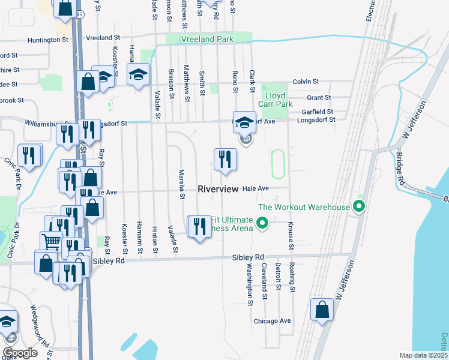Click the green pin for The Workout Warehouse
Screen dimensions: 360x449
point(359,207)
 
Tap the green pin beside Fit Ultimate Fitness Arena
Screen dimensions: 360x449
point(262,224)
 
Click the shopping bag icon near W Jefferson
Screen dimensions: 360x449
point(322,310)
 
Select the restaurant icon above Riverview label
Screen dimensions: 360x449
point(225,160)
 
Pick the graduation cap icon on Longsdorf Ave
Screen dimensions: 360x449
point(244,122)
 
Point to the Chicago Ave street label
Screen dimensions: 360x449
point(272,321)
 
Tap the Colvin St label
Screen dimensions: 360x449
point(305,82)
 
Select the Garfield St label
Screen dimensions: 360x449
point(318,112)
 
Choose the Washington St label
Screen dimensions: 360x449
point(249,283)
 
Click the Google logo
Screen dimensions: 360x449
point(20,353)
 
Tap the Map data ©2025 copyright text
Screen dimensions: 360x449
point(423,355)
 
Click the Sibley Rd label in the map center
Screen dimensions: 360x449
point(248,257)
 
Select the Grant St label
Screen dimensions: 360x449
point(318,97)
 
